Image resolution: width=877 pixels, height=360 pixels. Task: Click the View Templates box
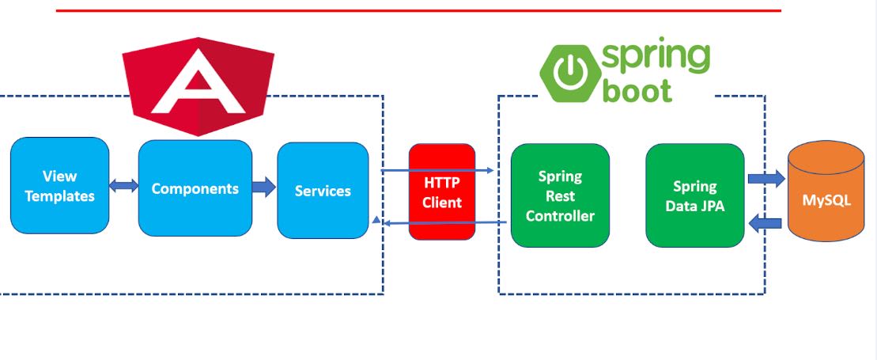point(59,186)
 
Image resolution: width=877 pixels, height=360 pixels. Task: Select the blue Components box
point(195,188)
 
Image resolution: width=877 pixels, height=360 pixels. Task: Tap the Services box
point(323,191)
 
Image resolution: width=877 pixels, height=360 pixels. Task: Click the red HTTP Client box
point(441,192)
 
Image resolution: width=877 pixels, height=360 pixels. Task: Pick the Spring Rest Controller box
point(560,195)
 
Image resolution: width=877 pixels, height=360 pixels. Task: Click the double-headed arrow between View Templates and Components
point(123,187)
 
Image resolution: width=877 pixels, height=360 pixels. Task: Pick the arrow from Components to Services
point(264,188)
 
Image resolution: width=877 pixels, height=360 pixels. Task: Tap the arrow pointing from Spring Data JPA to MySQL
point(765,179)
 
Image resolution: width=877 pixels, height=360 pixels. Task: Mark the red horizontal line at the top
point(419,10)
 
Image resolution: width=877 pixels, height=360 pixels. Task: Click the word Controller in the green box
point(560,215)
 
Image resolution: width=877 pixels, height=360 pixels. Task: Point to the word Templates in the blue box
point(59,196)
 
